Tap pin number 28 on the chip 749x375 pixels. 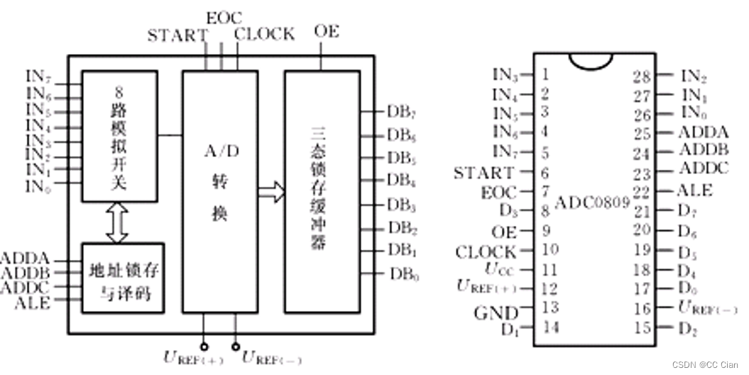coord(642,77)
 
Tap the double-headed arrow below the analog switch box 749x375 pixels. coord(117,222)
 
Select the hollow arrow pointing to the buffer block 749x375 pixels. coord(271,192)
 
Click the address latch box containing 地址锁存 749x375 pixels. coord(123,278)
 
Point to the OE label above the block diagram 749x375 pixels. coord(327,32)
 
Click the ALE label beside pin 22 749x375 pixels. coord(696,190)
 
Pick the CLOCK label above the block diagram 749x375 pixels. coord(264,33)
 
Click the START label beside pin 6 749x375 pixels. coord(483,173)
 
